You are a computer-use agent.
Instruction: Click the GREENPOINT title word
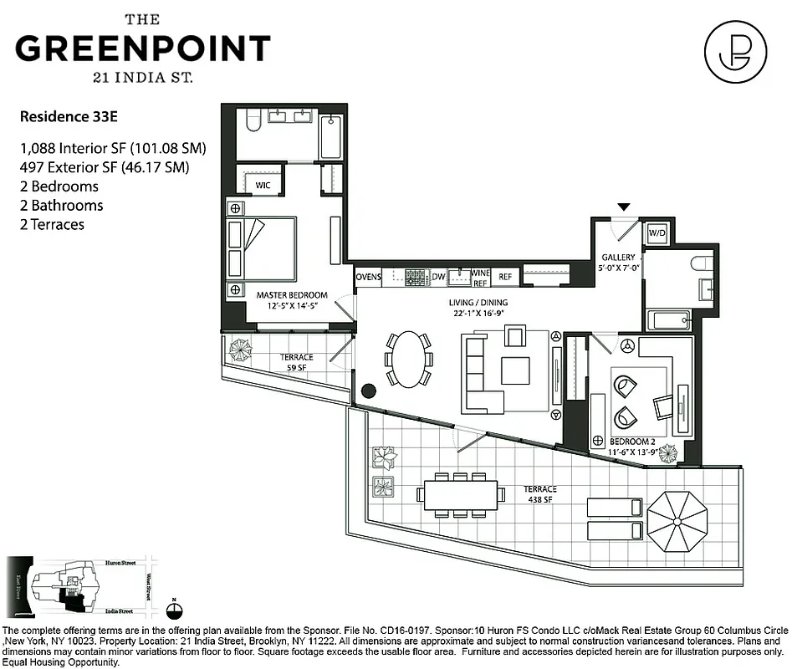point(143,48)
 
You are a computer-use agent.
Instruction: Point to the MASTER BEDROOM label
point(292,294)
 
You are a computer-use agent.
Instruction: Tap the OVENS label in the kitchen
point(369,277)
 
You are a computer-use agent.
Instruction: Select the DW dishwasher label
point(438,277)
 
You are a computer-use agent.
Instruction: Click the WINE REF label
point(480,277)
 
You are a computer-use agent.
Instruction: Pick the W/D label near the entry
point(657,232)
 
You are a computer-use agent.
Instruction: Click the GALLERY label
point(618,258)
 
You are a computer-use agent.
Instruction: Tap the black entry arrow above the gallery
point(622,206)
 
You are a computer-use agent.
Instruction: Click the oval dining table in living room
point(409,360)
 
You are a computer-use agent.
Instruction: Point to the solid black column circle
point(368,391)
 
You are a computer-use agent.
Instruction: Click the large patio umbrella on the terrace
point(677,518)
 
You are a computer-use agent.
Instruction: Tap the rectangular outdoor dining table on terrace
point(461,494)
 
